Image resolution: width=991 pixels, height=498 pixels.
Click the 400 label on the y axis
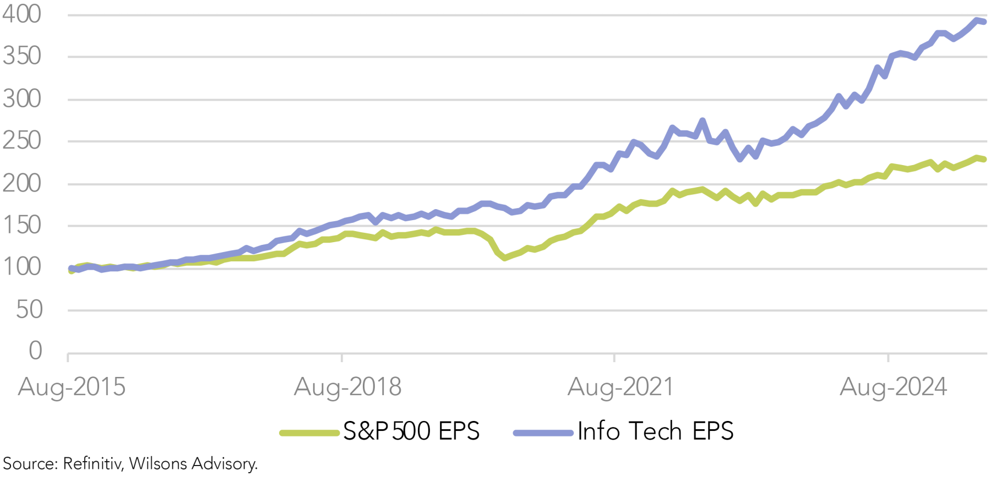22,14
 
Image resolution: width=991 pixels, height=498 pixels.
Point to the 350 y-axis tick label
22,56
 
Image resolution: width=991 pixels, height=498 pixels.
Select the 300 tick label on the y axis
22,99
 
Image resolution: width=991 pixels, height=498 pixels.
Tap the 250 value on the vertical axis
22,141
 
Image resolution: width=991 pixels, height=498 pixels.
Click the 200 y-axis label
22,183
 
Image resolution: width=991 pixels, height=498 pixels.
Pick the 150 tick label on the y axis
22,225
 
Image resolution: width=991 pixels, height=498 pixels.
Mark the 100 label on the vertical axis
22,267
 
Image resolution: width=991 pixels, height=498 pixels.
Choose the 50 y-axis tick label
29,310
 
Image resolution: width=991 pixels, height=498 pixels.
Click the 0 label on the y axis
35,351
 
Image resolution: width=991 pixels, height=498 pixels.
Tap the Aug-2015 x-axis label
72,387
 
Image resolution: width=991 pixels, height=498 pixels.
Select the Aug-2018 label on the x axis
347,387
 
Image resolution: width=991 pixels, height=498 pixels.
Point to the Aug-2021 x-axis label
620,387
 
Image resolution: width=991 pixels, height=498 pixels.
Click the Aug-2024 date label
893,387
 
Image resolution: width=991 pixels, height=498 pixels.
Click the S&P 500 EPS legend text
411,431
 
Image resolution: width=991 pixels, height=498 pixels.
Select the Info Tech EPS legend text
655,431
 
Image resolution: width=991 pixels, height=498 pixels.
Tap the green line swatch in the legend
309,433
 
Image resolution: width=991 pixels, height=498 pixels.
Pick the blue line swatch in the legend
543,433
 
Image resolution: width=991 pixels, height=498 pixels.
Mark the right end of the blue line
984,22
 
